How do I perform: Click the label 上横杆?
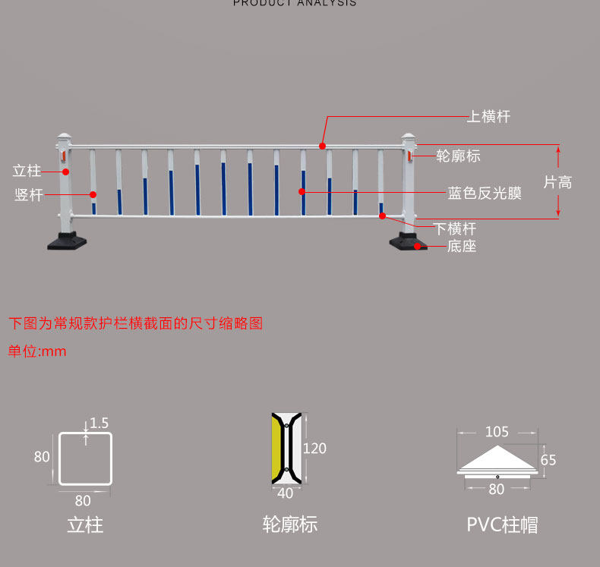pyautogui.click(x=488, y=117)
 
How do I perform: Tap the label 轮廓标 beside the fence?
pyautogui.click(x=458, y=156)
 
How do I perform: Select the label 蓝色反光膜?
pyautogui.click(x=485, y=193)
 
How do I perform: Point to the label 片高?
pyautogui.click(x=557, y=182)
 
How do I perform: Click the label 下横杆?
pyautogui.click(x=455, y=228)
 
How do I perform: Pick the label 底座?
pyautogui.click(x=461, y=246)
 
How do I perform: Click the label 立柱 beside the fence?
pyautogui.click(x=27, y=171)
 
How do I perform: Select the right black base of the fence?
pyautogui.click(x=408, y=243)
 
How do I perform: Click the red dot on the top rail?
pyautogui.click(x=322, y=145)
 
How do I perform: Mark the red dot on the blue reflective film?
pyautogui.click(x=302, y=192)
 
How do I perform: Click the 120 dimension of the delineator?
pyautogui.click(x=314, y=448)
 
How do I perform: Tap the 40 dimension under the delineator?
pyautogui.click(x=286, y=493)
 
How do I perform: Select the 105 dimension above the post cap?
pyautogui.click(x=497, y=432)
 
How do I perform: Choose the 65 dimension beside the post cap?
pyautogui.click(x=548, y=460)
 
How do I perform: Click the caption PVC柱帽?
pyautogui.click(x=502, y=524)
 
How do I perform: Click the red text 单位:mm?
pyautogui.click(x=37, y=351)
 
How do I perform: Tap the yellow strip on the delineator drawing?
pyautogui.click(x=276, y=448)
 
